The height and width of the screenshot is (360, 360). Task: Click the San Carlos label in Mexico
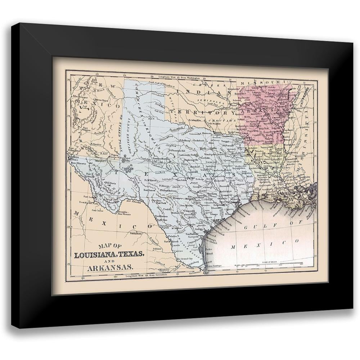(x=97, y=210)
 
